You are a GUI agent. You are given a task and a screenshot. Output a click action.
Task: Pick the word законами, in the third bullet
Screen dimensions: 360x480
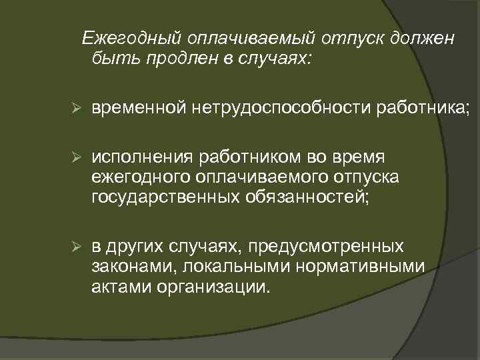pos(127,267)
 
